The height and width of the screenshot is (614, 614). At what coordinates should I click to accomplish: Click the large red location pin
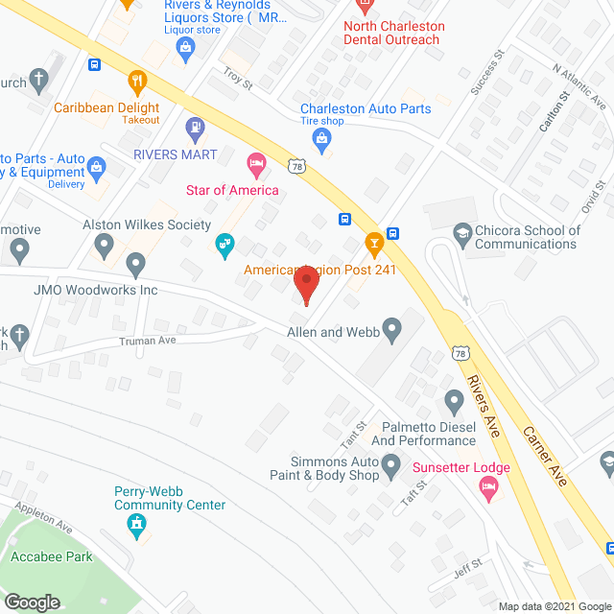pyautogui.click(x=305, y=285)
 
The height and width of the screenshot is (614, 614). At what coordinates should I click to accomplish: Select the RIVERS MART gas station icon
pyautogui.click(x=195, y=127)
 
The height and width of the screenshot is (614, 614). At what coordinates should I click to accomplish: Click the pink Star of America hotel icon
pyautogui.click(x=255, y=164)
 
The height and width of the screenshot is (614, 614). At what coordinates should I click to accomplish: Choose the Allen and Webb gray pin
pyautogui.click(x=391, y=331)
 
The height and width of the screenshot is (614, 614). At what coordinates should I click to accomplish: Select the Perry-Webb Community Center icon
pyautogui.click(x=136, y=524)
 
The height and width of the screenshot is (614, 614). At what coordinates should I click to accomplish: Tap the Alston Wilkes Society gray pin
pyautogui.click(x=105, y=248)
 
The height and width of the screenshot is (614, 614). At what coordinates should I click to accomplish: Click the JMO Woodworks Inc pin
pyautogui.click(x=135, y=263)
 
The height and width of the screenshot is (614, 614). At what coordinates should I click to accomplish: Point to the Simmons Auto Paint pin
pyautogui.click(x=390, y=467)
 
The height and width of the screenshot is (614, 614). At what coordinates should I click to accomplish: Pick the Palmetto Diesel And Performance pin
pyautogui.click(x=455, y=399)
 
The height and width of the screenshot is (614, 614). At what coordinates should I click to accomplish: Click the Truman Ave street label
pyautogui.click(x=148, y=340)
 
